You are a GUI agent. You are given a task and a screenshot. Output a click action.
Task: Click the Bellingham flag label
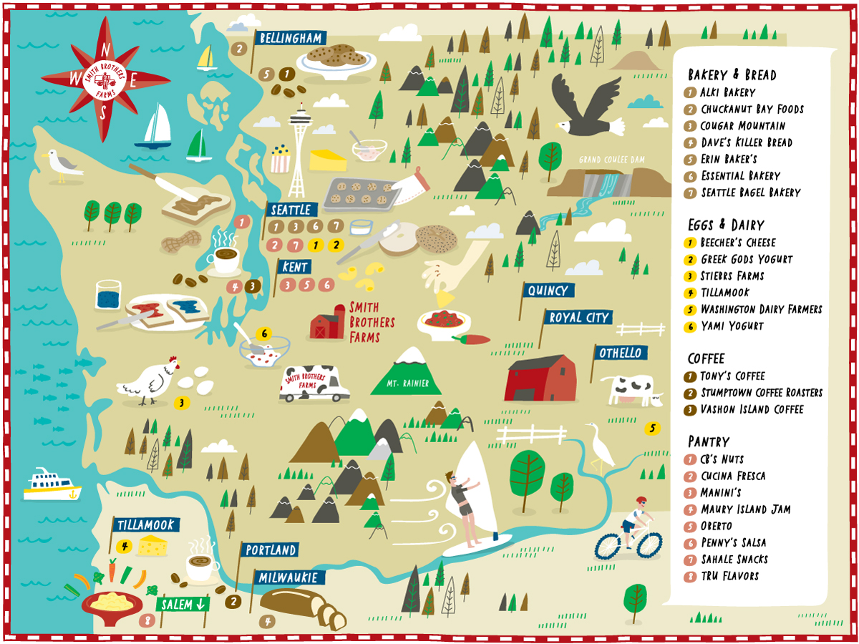pos(290,38)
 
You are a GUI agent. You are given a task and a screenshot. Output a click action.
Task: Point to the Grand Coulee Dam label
pos(610,159)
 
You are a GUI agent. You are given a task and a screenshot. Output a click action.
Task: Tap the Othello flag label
pos(620,353)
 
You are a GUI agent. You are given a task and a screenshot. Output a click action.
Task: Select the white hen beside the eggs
pos(149,381)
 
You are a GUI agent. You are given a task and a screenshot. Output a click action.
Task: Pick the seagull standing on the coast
pos(60,166)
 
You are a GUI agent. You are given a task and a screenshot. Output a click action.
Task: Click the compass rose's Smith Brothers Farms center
pos(105,79)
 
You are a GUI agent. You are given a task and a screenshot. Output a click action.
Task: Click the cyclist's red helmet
pos(640,500)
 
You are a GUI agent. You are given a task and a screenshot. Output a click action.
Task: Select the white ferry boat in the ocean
pos(52,484)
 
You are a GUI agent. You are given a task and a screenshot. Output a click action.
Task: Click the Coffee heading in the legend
pos(706,358)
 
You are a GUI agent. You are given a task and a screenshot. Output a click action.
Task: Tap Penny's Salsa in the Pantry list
pos(734,542)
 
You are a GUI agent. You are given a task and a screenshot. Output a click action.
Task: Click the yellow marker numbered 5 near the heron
pos(651,428)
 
